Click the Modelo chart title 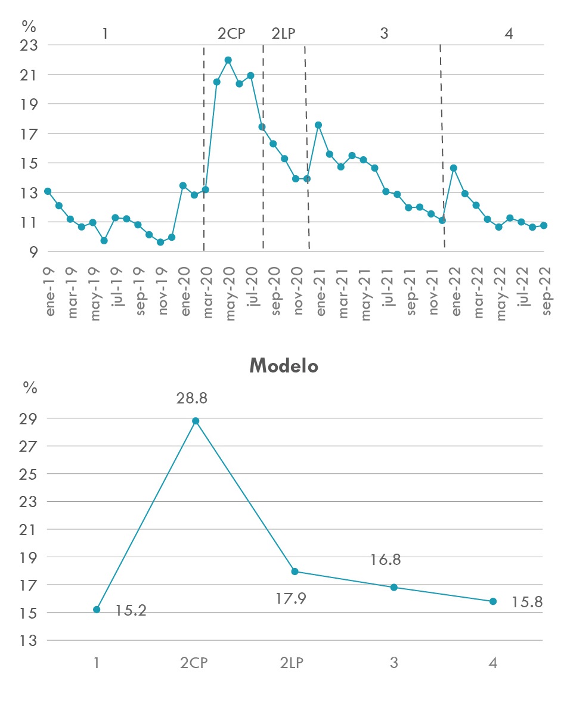tap(283, 365)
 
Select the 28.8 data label tap(191, 398)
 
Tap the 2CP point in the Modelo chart tap(196, 421)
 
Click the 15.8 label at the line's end tap(526, 602)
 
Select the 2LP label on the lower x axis tap(295, 663)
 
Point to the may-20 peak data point tap(228, 60)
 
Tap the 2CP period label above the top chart tap(231, 33)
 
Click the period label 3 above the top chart tap(384, 33)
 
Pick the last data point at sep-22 tap(544, 225)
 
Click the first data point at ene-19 tap(48, 191)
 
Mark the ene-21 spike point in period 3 tap(318, 125)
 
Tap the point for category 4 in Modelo tap(493, 601)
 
